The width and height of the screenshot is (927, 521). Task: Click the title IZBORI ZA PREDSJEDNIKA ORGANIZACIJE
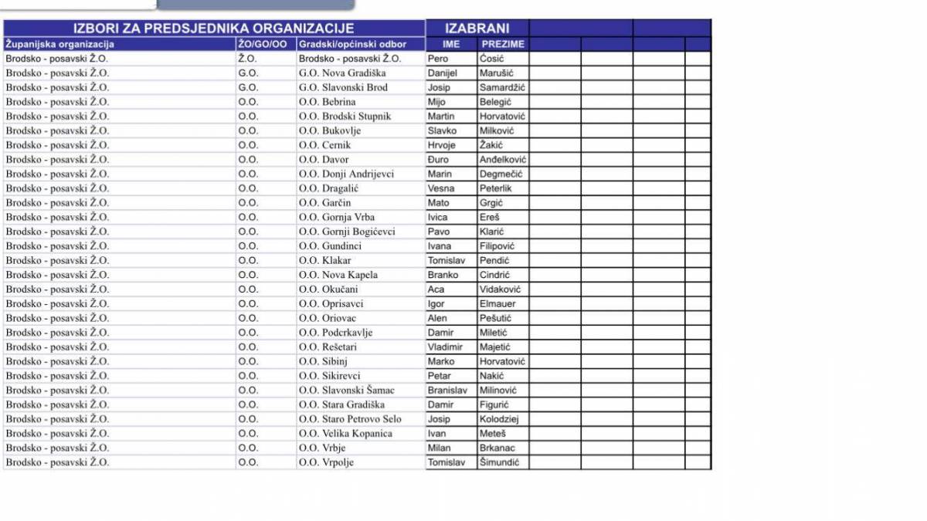213,29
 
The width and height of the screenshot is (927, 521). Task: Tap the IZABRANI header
477,29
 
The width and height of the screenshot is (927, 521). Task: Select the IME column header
451,44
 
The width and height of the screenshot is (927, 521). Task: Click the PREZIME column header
502,44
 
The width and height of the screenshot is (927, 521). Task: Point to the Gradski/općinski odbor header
352,44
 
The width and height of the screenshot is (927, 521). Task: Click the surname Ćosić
491,59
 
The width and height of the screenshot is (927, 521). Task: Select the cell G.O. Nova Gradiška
342,73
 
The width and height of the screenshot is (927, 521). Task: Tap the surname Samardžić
502,87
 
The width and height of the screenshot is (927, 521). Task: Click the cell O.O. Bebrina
328,102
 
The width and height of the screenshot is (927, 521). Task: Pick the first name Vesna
441,188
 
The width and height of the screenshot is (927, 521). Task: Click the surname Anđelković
503,160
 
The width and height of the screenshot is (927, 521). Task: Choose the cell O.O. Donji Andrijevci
348,174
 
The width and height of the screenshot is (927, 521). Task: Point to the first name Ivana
440,246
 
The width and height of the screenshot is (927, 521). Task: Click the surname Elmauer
497,304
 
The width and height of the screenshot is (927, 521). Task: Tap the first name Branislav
447,391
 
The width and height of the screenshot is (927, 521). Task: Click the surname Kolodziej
499,419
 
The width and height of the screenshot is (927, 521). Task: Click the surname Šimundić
499,462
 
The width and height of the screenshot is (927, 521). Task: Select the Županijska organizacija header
60,44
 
